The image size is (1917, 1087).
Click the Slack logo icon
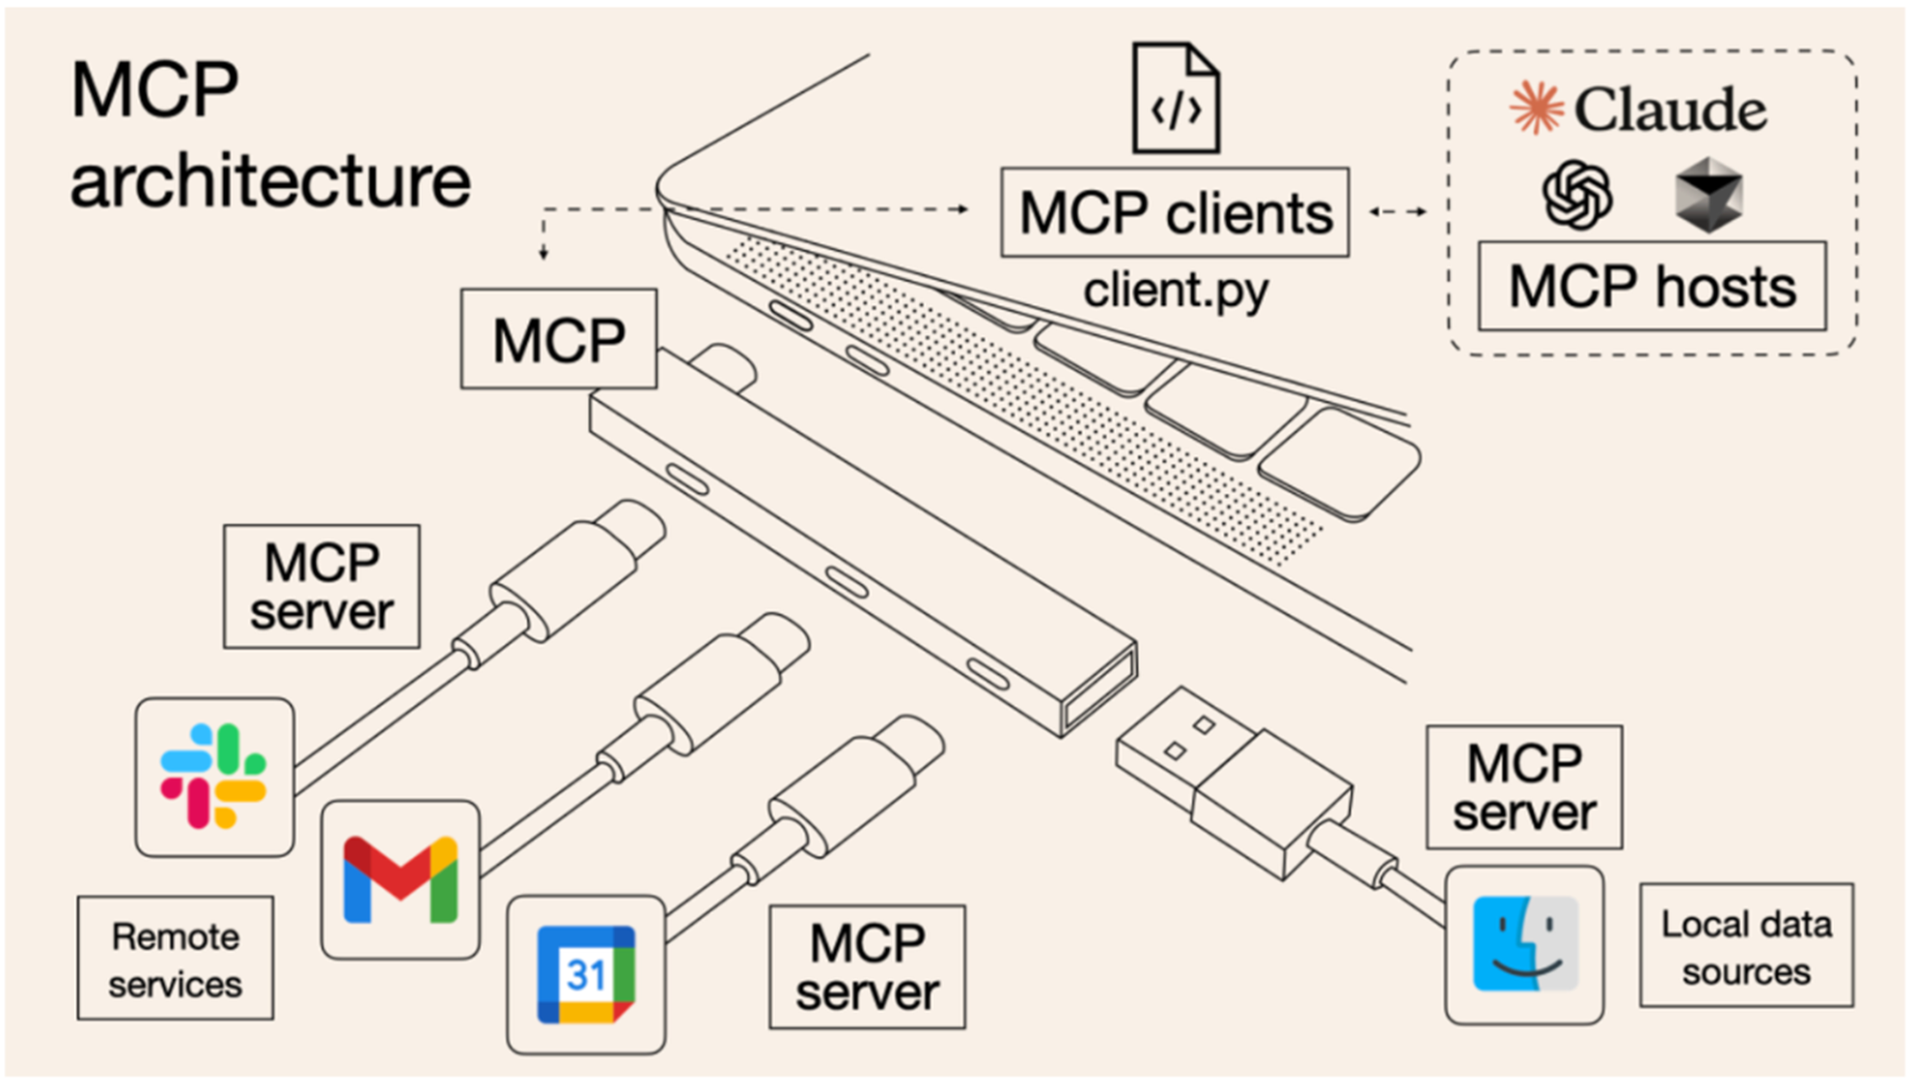213,776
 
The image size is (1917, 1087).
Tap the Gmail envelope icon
401,879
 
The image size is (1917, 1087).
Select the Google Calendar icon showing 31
586,974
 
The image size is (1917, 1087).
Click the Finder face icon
1525,944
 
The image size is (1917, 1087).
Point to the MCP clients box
1175,212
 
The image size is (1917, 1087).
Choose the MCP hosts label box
1652,287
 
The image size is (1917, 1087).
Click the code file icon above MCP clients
1176,99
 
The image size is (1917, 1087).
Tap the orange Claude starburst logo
1536,107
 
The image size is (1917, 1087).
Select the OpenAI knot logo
1577,195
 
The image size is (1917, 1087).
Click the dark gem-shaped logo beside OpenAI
1709,195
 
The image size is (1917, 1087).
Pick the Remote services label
176,959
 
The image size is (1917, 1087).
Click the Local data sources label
1746,946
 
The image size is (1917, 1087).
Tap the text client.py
1175,290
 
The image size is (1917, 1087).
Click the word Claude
1670,109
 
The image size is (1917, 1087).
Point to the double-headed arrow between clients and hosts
1398,211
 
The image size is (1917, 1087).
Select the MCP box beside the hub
559,340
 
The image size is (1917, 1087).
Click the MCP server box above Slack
321,587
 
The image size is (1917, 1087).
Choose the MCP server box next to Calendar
867,967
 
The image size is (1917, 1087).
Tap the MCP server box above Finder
1524,788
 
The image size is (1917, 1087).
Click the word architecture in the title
270,181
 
